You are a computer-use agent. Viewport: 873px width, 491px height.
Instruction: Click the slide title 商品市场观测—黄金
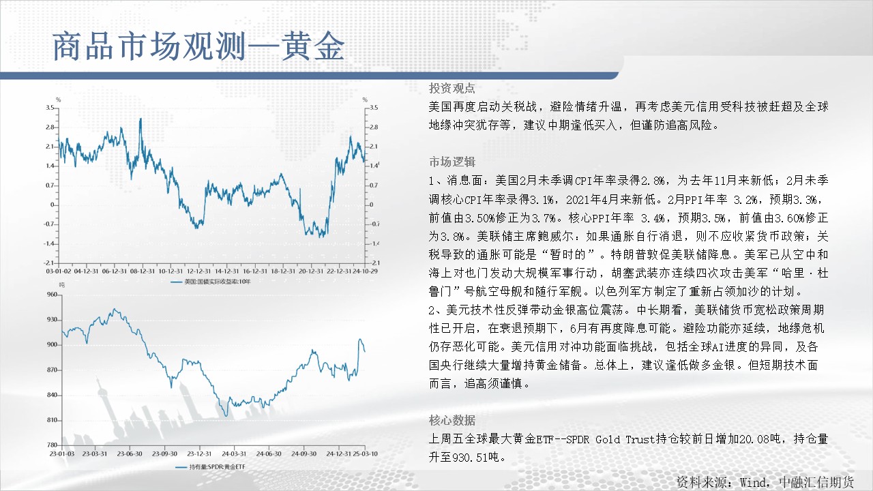click(x=198, y=47)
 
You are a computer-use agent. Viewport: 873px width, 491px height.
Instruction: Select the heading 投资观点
click(x=452, y=89)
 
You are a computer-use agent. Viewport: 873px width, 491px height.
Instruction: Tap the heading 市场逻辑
click(x=452, y=162)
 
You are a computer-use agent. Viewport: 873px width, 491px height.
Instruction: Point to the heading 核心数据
click(x=452, y=420)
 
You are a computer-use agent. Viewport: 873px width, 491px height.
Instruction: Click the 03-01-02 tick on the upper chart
click(x=59, y=271)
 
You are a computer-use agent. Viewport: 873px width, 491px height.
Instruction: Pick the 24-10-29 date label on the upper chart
click(x=365, y=271)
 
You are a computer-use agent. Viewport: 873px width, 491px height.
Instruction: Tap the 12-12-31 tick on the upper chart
click(x=198, y=271)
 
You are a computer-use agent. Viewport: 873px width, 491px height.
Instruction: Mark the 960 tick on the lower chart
click(x=53, y=294)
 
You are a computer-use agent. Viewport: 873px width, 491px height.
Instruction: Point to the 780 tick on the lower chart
click(x=53, y=445)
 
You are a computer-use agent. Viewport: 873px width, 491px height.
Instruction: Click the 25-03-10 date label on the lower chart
click(x=365, y=454)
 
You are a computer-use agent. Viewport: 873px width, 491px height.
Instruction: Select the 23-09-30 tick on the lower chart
click(x=164, y=454)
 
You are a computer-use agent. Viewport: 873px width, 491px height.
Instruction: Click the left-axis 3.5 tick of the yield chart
click(x=50, y=108)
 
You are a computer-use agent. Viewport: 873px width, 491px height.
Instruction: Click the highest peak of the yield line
click(x=140, y=119)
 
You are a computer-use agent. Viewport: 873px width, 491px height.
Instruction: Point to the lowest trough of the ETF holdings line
click(x=226, y=416)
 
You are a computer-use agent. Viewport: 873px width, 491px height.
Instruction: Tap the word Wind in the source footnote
click(x=754, y=483)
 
